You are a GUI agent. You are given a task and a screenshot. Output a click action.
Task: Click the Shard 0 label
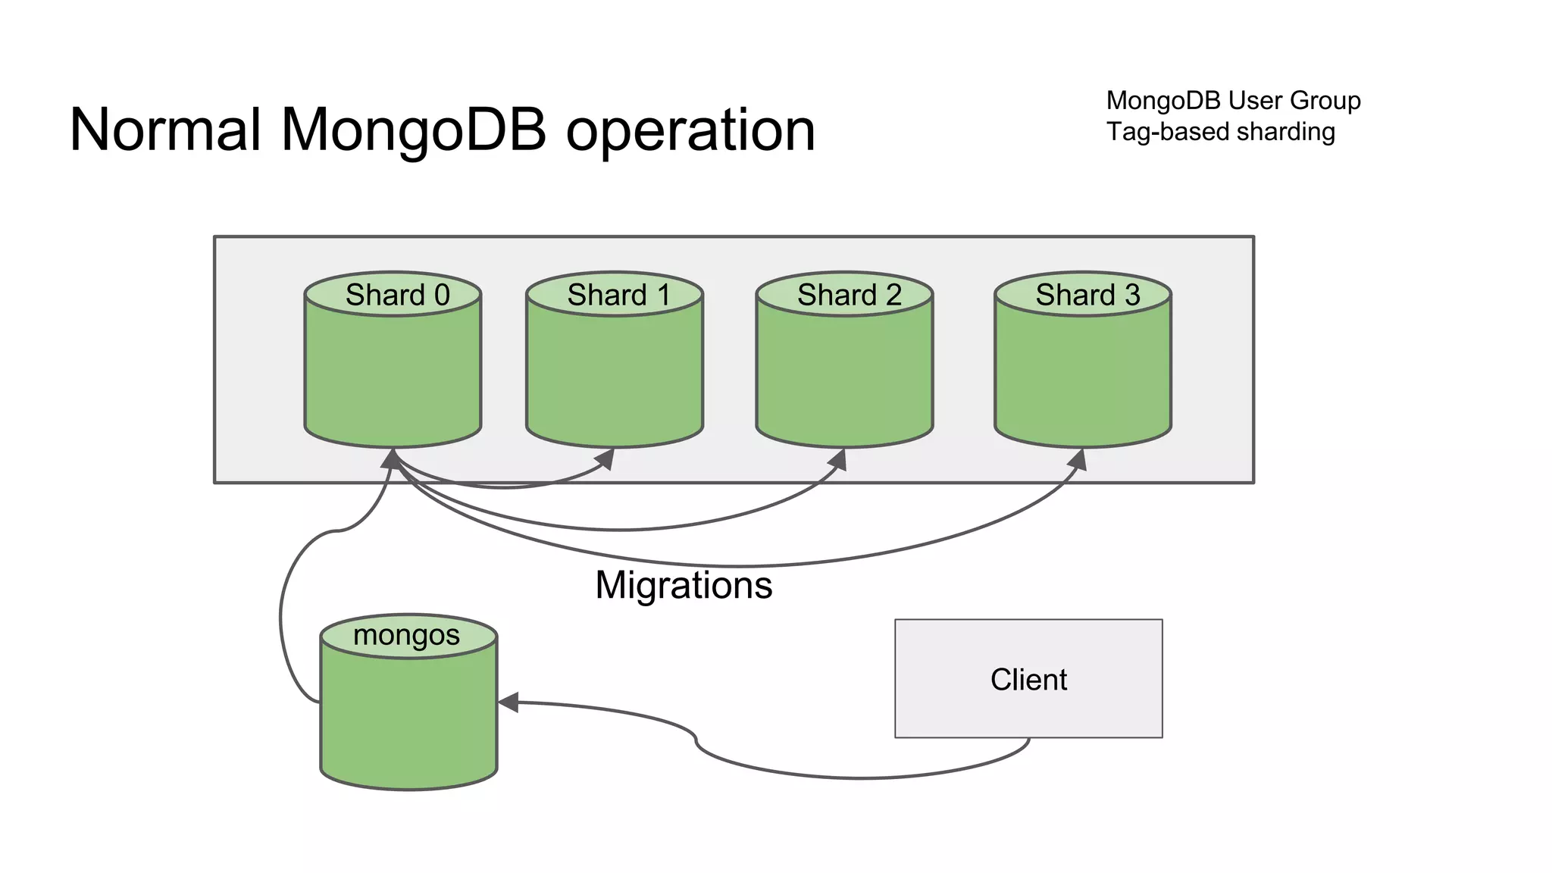(397, 295)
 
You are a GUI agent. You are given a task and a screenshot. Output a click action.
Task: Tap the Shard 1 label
(618, 295)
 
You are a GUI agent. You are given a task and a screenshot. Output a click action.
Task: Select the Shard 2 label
(849, 295)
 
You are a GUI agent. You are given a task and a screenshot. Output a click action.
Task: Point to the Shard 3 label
(1087, 295)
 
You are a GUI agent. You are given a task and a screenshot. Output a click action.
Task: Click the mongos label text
(406, 635)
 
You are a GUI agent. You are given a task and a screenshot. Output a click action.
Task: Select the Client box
(1028, 679)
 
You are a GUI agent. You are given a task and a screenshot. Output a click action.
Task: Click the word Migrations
(683, 585)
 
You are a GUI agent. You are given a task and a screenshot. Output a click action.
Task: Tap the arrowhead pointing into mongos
(508, 702)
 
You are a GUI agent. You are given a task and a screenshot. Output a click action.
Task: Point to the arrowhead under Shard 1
(606, 458)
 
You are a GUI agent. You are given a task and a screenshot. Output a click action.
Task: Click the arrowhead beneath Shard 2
(838, 459)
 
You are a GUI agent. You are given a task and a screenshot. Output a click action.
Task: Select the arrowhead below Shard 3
(1078, 459)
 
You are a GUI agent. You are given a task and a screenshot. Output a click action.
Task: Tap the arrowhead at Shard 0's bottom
(390, 458)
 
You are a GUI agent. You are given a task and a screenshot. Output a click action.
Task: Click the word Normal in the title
(165, 130)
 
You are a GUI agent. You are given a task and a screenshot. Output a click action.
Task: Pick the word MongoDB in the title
(414, 130)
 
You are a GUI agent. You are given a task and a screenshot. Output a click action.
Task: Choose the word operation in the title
(690, 131)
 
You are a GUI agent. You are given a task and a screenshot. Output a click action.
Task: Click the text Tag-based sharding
(1220, 132)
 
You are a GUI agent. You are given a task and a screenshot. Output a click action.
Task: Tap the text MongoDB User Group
(1233, 100)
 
